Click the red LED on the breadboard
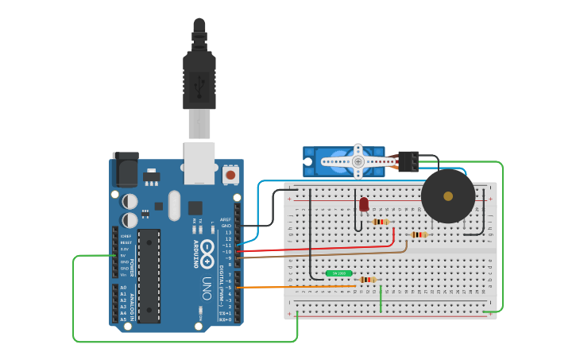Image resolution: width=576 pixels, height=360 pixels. pyautogui.click(x=364, y=204)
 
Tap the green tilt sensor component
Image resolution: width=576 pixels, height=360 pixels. pyautogui.click(x=339, y=273)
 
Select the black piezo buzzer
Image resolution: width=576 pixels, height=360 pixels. pyautogui.click(x=448, y=196)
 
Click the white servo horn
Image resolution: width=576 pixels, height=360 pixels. pyautogui.click(x=358, y=161)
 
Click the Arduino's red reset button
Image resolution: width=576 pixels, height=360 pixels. pyautogui.click(x=230, y=174)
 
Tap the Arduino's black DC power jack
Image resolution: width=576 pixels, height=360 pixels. pyautogui.click(x=125, y=169)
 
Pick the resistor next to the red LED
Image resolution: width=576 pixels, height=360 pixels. pyautogui.click(x=381, y=222)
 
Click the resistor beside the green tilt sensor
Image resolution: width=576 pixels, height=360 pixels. pyautogui.click(x=366, y=280)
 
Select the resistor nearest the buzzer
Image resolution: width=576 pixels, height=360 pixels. pyautogui.click(x=419, y=234)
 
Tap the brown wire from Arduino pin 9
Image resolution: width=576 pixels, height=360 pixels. pyautogui.click(x=318, y=255)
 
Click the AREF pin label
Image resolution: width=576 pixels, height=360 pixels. pyautogui.click(x=226, y=219)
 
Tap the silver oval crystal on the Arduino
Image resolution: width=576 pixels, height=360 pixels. pyautogui.click(x=174, y=205)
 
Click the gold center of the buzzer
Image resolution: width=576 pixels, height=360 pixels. pyautogui.click(x=448, y=196)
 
